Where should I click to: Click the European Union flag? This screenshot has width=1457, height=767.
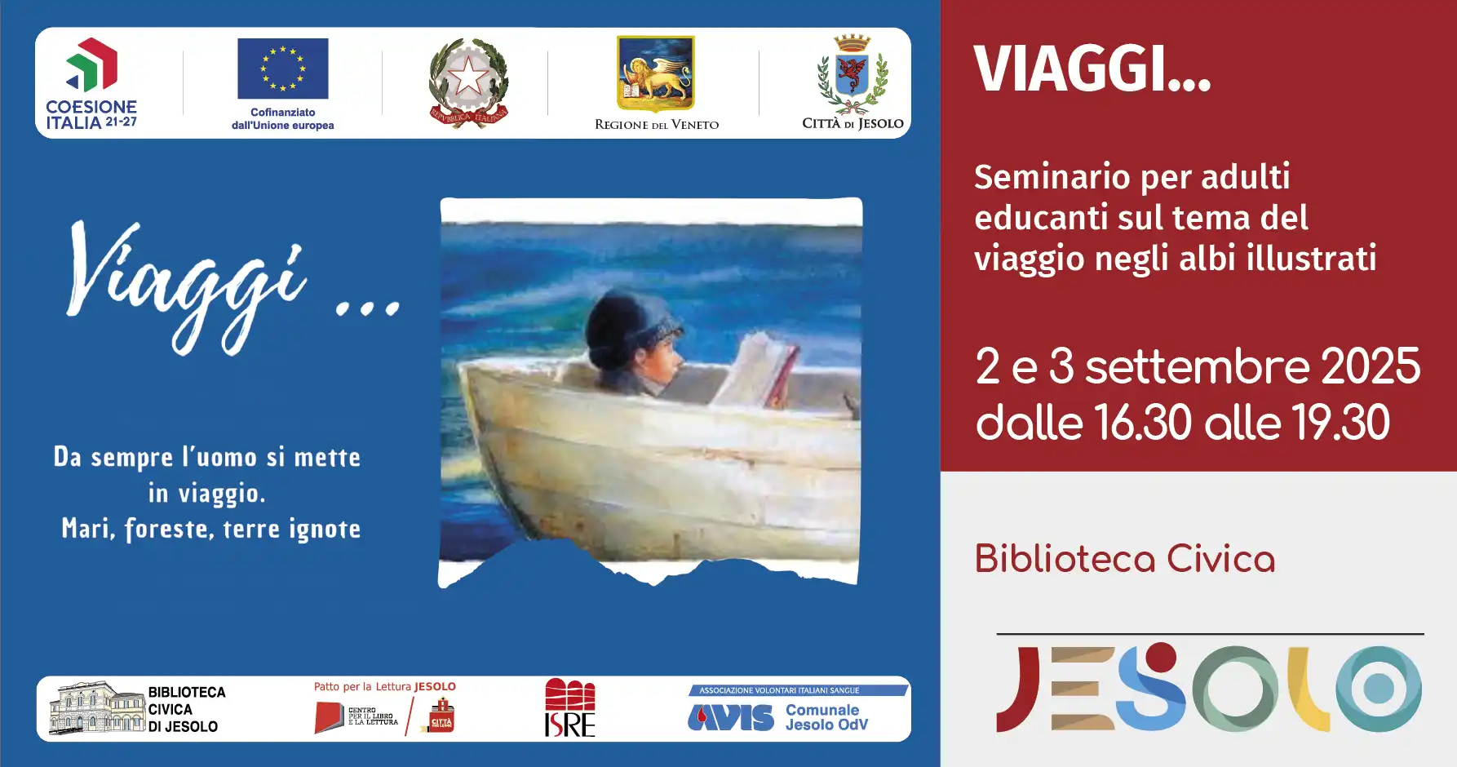click(x=282, y=69)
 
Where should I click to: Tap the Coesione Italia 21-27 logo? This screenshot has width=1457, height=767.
click(x=91, y=83)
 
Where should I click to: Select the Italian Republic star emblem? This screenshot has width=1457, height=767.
click(x=468, y=80)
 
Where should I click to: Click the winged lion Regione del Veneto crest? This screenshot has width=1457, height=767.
click(x=655, y=73)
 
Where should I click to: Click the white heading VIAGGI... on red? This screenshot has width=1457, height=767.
click(x=1092, y=69)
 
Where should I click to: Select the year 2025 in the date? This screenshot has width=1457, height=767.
click(x=1371, y=366)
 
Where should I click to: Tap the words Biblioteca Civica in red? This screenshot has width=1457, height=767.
click(x=1124, y=560)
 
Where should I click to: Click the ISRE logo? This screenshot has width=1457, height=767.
click(x=569, y=707)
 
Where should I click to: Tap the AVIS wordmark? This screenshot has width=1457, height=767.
click(x=731, y=717)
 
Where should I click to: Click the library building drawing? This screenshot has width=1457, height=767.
click(x=96, y=707)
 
